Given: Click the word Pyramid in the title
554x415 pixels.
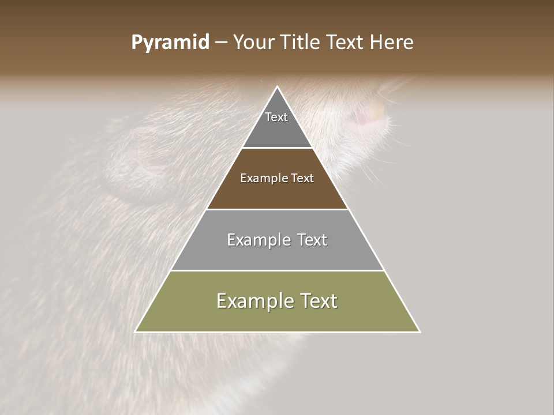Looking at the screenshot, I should click(x=170, y=43).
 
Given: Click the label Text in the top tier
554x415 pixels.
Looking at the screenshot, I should click(x=276, y=117).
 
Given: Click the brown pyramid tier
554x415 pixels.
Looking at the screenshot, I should click(x=277, y=193).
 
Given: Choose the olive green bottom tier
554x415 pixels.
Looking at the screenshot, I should click(x=277, y=317).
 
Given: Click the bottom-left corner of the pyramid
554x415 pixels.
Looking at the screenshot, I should click(x=136, y=331).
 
